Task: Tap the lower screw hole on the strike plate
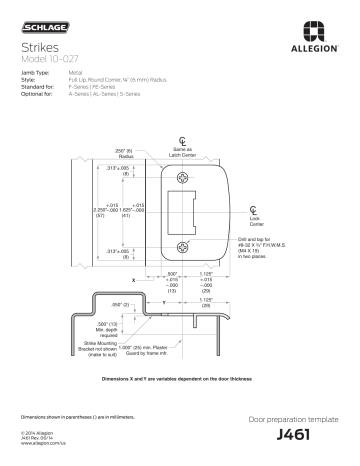[182, 245]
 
